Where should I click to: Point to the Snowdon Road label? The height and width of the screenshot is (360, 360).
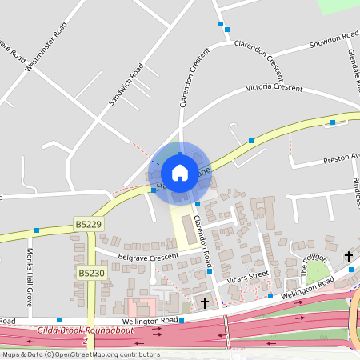334,38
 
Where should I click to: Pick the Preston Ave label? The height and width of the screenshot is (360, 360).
342,158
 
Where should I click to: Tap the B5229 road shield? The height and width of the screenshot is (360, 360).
88,223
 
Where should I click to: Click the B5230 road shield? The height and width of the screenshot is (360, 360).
91,273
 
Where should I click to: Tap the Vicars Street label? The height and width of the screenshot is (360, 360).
246,276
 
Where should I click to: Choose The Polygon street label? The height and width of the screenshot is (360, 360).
314,265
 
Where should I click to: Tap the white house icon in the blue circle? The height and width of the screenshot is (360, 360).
180,172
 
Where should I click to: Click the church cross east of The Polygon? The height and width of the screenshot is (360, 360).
349,256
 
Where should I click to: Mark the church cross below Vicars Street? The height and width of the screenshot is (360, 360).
205,302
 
